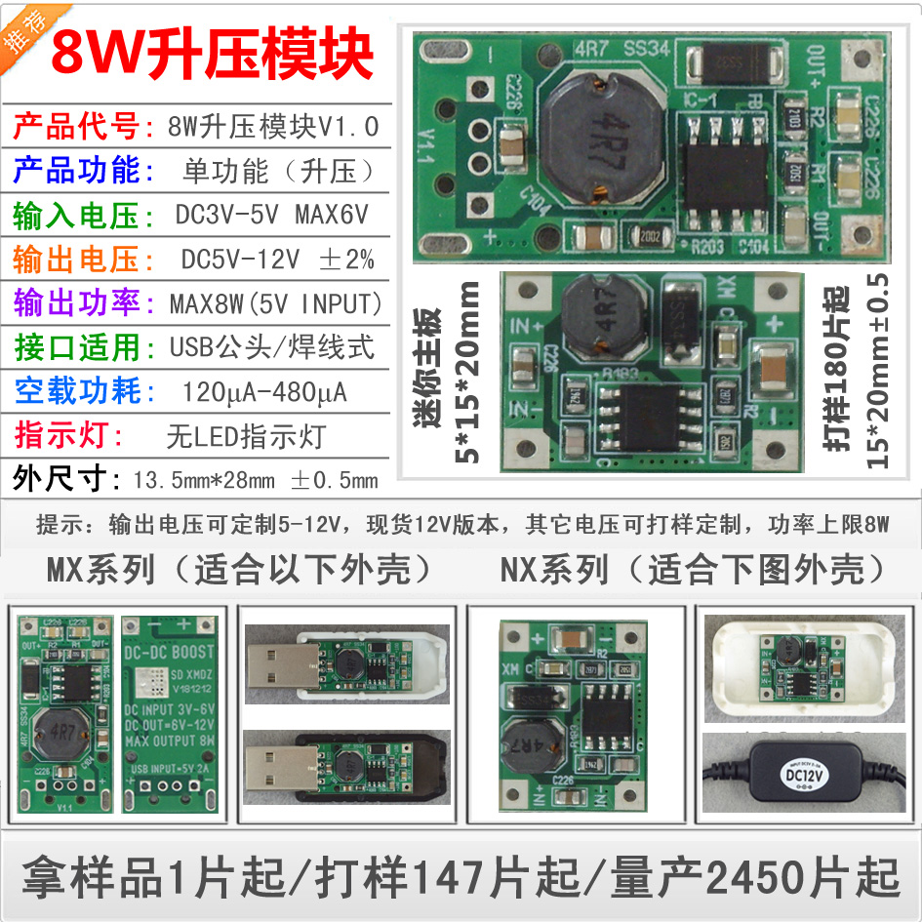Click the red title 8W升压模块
(x=212, y=54)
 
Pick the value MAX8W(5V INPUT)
(x=276, y=303)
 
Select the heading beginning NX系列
(x=693, y=570)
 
